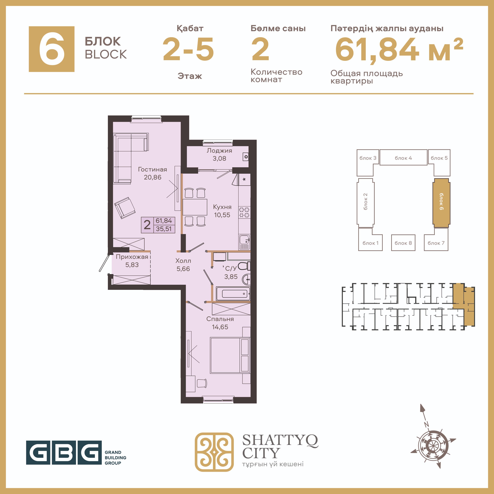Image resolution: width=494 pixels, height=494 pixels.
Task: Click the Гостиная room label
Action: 152,169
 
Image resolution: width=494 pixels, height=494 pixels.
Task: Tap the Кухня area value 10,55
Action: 222,215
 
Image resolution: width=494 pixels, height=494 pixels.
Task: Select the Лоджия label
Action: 219,151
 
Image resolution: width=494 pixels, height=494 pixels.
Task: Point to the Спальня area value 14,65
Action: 220,327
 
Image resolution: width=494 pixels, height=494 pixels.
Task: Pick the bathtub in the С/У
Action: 233,294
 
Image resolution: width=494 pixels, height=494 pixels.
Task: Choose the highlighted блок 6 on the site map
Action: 441,203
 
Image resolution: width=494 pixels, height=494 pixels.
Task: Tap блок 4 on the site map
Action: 403,158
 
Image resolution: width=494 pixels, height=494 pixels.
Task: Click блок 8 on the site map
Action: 403,243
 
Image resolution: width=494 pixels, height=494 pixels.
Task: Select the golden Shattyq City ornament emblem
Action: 214,452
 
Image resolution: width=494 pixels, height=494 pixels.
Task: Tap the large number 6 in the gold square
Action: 52,49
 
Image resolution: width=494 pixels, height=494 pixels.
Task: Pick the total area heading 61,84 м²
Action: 399,50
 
